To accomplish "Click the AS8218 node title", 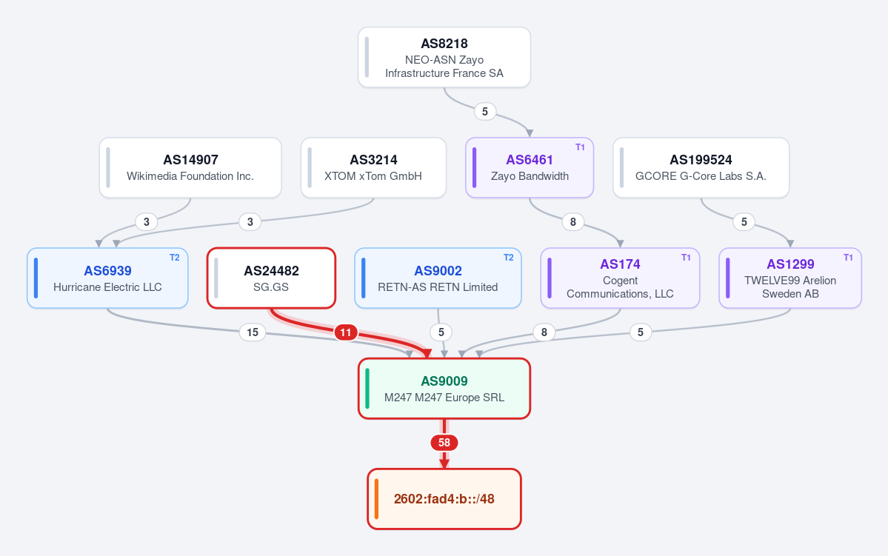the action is tap(444, 44).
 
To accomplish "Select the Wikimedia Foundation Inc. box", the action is tap(190, 167).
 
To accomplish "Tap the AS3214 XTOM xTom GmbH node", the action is tap(373, 167).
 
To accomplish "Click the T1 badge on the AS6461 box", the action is tap(580, 147).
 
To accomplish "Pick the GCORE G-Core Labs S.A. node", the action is tap(701, 167).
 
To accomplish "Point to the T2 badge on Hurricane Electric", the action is tap(175, 258).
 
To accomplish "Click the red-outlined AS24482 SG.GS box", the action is tap(271, 278).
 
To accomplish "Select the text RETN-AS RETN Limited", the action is tap(438, 287).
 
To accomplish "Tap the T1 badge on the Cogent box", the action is tap(686, 258).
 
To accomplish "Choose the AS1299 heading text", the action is tap(790, 264).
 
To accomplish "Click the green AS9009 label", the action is tap(444, 381).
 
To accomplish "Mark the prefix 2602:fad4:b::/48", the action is tap(444, 499).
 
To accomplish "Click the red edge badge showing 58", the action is tap(444, 443).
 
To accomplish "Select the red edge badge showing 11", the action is tap(345, 332).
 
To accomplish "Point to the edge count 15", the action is tap(253, 332).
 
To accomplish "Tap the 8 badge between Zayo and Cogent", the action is tap(573, 222).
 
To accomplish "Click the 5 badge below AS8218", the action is tap(485, 112).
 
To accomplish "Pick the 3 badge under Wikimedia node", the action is tap(147, 222).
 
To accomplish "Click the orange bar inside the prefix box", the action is tap(377, 499).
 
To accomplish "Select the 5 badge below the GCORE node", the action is tap(744, 222).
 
